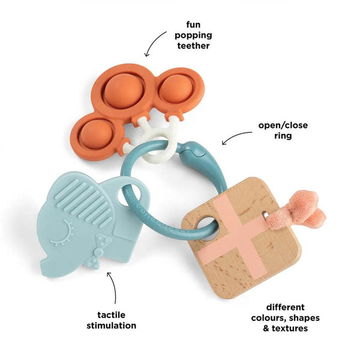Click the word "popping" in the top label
193,35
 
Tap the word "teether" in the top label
193,46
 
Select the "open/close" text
283,125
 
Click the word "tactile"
112,315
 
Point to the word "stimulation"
112,325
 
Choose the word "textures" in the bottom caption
290,328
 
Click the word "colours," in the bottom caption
268,318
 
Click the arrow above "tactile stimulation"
113,287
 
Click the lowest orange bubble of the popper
97,134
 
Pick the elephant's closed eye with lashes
62,233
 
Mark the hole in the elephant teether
129,194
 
